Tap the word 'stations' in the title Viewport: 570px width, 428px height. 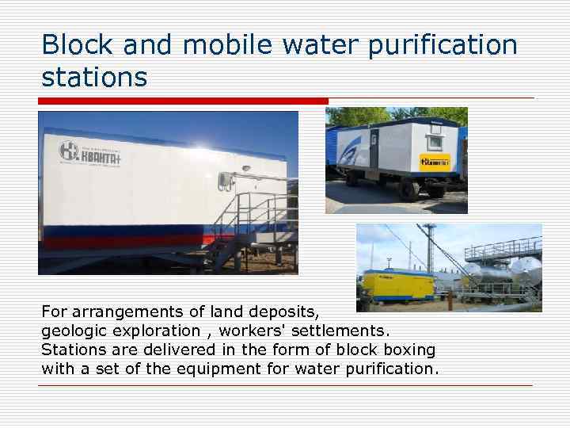[x=94, y=78]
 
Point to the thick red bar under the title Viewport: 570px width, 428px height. [x=183, y=101]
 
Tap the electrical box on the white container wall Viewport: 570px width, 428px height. [x=229, y=178]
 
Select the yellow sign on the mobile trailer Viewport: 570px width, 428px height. [x=435, y=161]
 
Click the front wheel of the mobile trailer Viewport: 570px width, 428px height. [x=408, y=190]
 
